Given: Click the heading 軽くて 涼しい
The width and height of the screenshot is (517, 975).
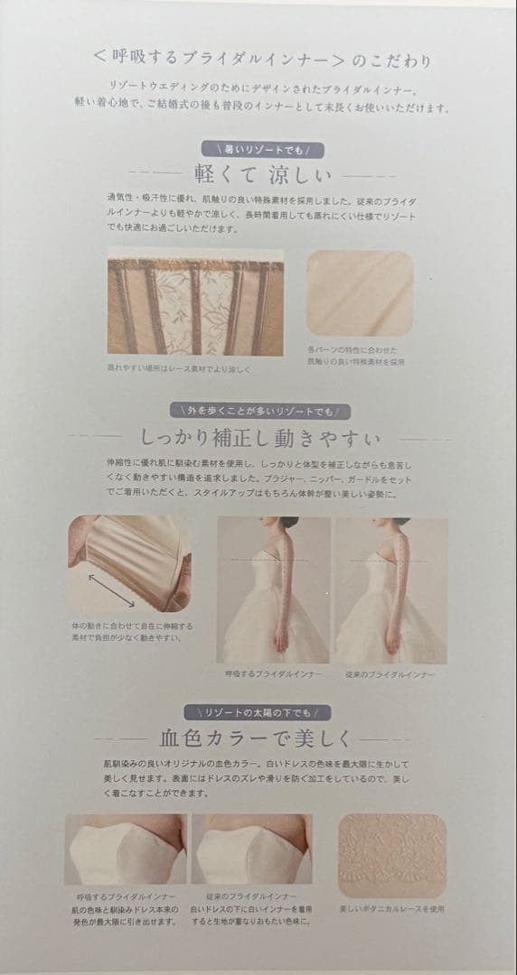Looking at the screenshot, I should [262, 173].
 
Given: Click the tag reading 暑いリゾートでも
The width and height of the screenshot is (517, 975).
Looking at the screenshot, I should [263, 148].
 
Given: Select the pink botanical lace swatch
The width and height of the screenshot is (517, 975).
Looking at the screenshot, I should [391, 855].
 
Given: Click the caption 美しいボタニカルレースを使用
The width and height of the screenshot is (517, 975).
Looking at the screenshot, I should [391, 909].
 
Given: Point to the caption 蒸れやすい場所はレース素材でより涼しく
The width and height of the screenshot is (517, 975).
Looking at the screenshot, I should [178, 369].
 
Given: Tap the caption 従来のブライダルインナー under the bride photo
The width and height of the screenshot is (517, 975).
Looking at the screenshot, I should [390, 674].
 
